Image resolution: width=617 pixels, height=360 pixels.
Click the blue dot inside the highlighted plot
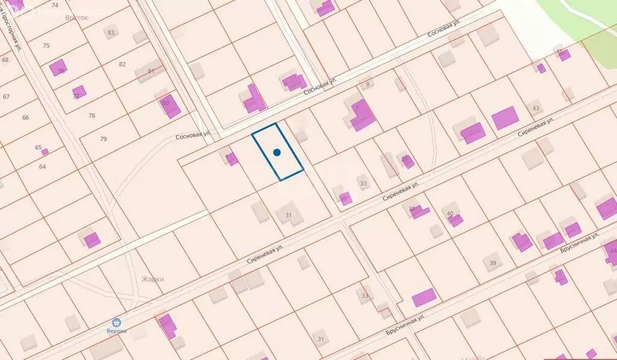[277, 153]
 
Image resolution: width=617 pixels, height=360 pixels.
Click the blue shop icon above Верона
[117, 323]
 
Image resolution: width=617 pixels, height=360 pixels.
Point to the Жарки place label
[152, 279]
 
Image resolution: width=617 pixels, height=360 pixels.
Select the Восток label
[77, 18]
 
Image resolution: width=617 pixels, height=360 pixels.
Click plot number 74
[55, 5]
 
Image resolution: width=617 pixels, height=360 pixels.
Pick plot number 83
[111, 33]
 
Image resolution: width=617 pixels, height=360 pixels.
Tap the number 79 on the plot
[104, 139]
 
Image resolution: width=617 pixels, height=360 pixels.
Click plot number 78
[92, 115]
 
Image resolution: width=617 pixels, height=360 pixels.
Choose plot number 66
[25, 118]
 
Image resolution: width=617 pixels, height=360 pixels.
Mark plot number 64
[42, 166]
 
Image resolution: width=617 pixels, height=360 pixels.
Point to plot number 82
[122, 64]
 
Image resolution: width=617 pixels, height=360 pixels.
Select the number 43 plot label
[536, 109]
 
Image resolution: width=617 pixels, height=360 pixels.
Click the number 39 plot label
[493, 263]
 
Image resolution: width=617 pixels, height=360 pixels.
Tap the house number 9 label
[367, 84]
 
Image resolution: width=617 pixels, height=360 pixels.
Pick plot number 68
[5, 60]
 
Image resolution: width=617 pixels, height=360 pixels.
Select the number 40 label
[450, 213]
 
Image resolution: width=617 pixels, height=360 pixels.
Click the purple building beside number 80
[170, 107]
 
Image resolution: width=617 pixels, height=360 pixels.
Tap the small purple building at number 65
[45, 151]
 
